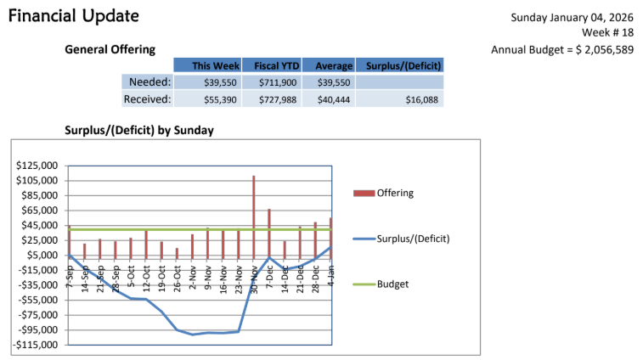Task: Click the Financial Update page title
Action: click(74, 16)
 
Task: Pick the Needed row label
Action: click(149, 82)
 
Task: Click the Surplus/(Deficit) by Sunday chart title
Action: click(139, 130)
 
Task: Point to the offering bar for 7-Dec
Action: click(269, 231)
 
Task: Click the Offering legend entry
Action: click(394, 193)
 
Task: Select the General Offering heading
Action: click(110, 49)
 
